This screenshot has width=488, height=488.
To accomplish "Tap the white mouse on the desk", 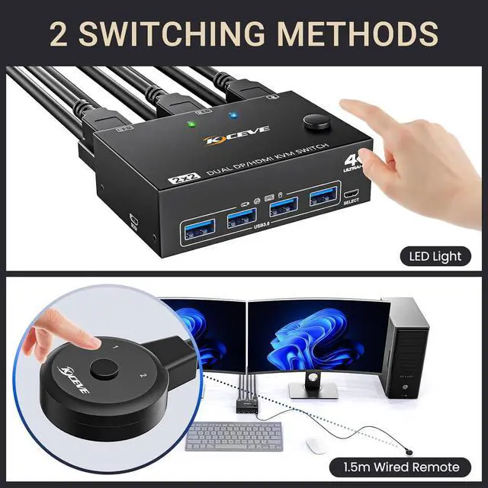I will click(315, 445).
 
